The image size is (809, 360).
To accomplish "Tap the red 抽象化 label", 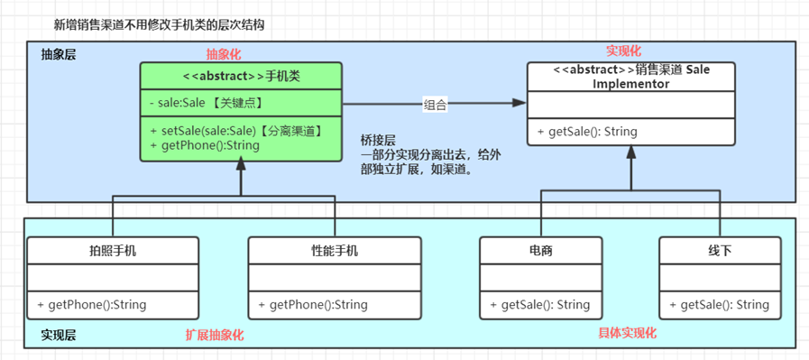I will pyautogui.click(x=224, y=53).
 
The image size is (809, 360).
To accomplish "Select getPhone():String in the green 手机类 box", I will pyautogui.click(x=205, y=145).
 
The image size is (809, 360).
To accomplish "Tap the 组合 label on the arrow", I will pyautogui.click(x=435, y=105).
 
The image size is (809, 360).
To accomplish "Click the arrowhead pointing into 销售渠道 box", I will pyautogui.click(x=520, y=104).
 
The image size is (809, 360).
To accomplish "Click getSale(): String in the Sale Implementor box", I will pyautogui.click(x=587, y=132).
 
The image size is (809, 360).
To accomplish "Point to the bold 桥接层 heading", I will pyautogui.click(x=378, y=142).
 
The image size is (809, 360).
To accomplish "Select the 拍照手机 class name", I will pyautogui.click(x=112, y=250).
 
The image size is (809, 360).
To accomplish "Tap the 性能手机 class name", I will pyautogui.click(x=334, y=250).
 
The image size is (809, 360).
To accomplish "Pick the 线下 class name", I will pyautogui.click(x=720, y=250).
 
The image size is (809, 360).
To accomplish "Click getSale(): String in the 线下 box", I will pyautogui.click(x=719, y=305).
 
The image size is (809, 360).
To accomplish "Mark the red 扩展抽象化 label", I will pyautogui.click(x=215, y=335).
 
